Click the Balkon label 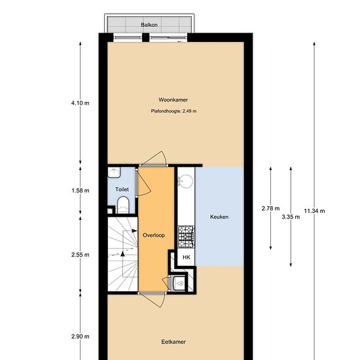(149, 25)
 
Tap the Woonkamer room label (173, 99)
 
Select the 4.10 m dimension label (80, 103)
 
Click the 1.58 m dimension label (81, 190)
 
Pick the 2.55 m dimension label (80, 255)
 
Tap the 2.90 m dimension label (80, 336)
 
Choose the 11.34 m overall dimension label (314, 211)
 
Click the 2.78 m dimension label (271, 208)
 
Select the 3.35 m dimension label (291, 217)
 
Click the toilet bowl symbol (123, 205)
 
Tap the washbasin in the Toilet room (114, 172)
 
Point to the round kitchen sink (186, 181)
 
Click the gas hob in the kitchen (186, 237)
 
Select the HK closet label (187, 257)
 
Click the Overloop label (154, 235)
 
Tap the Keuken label (219, 217)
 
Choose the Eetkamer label (173, 342)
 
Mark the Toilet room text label (122, 189)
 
